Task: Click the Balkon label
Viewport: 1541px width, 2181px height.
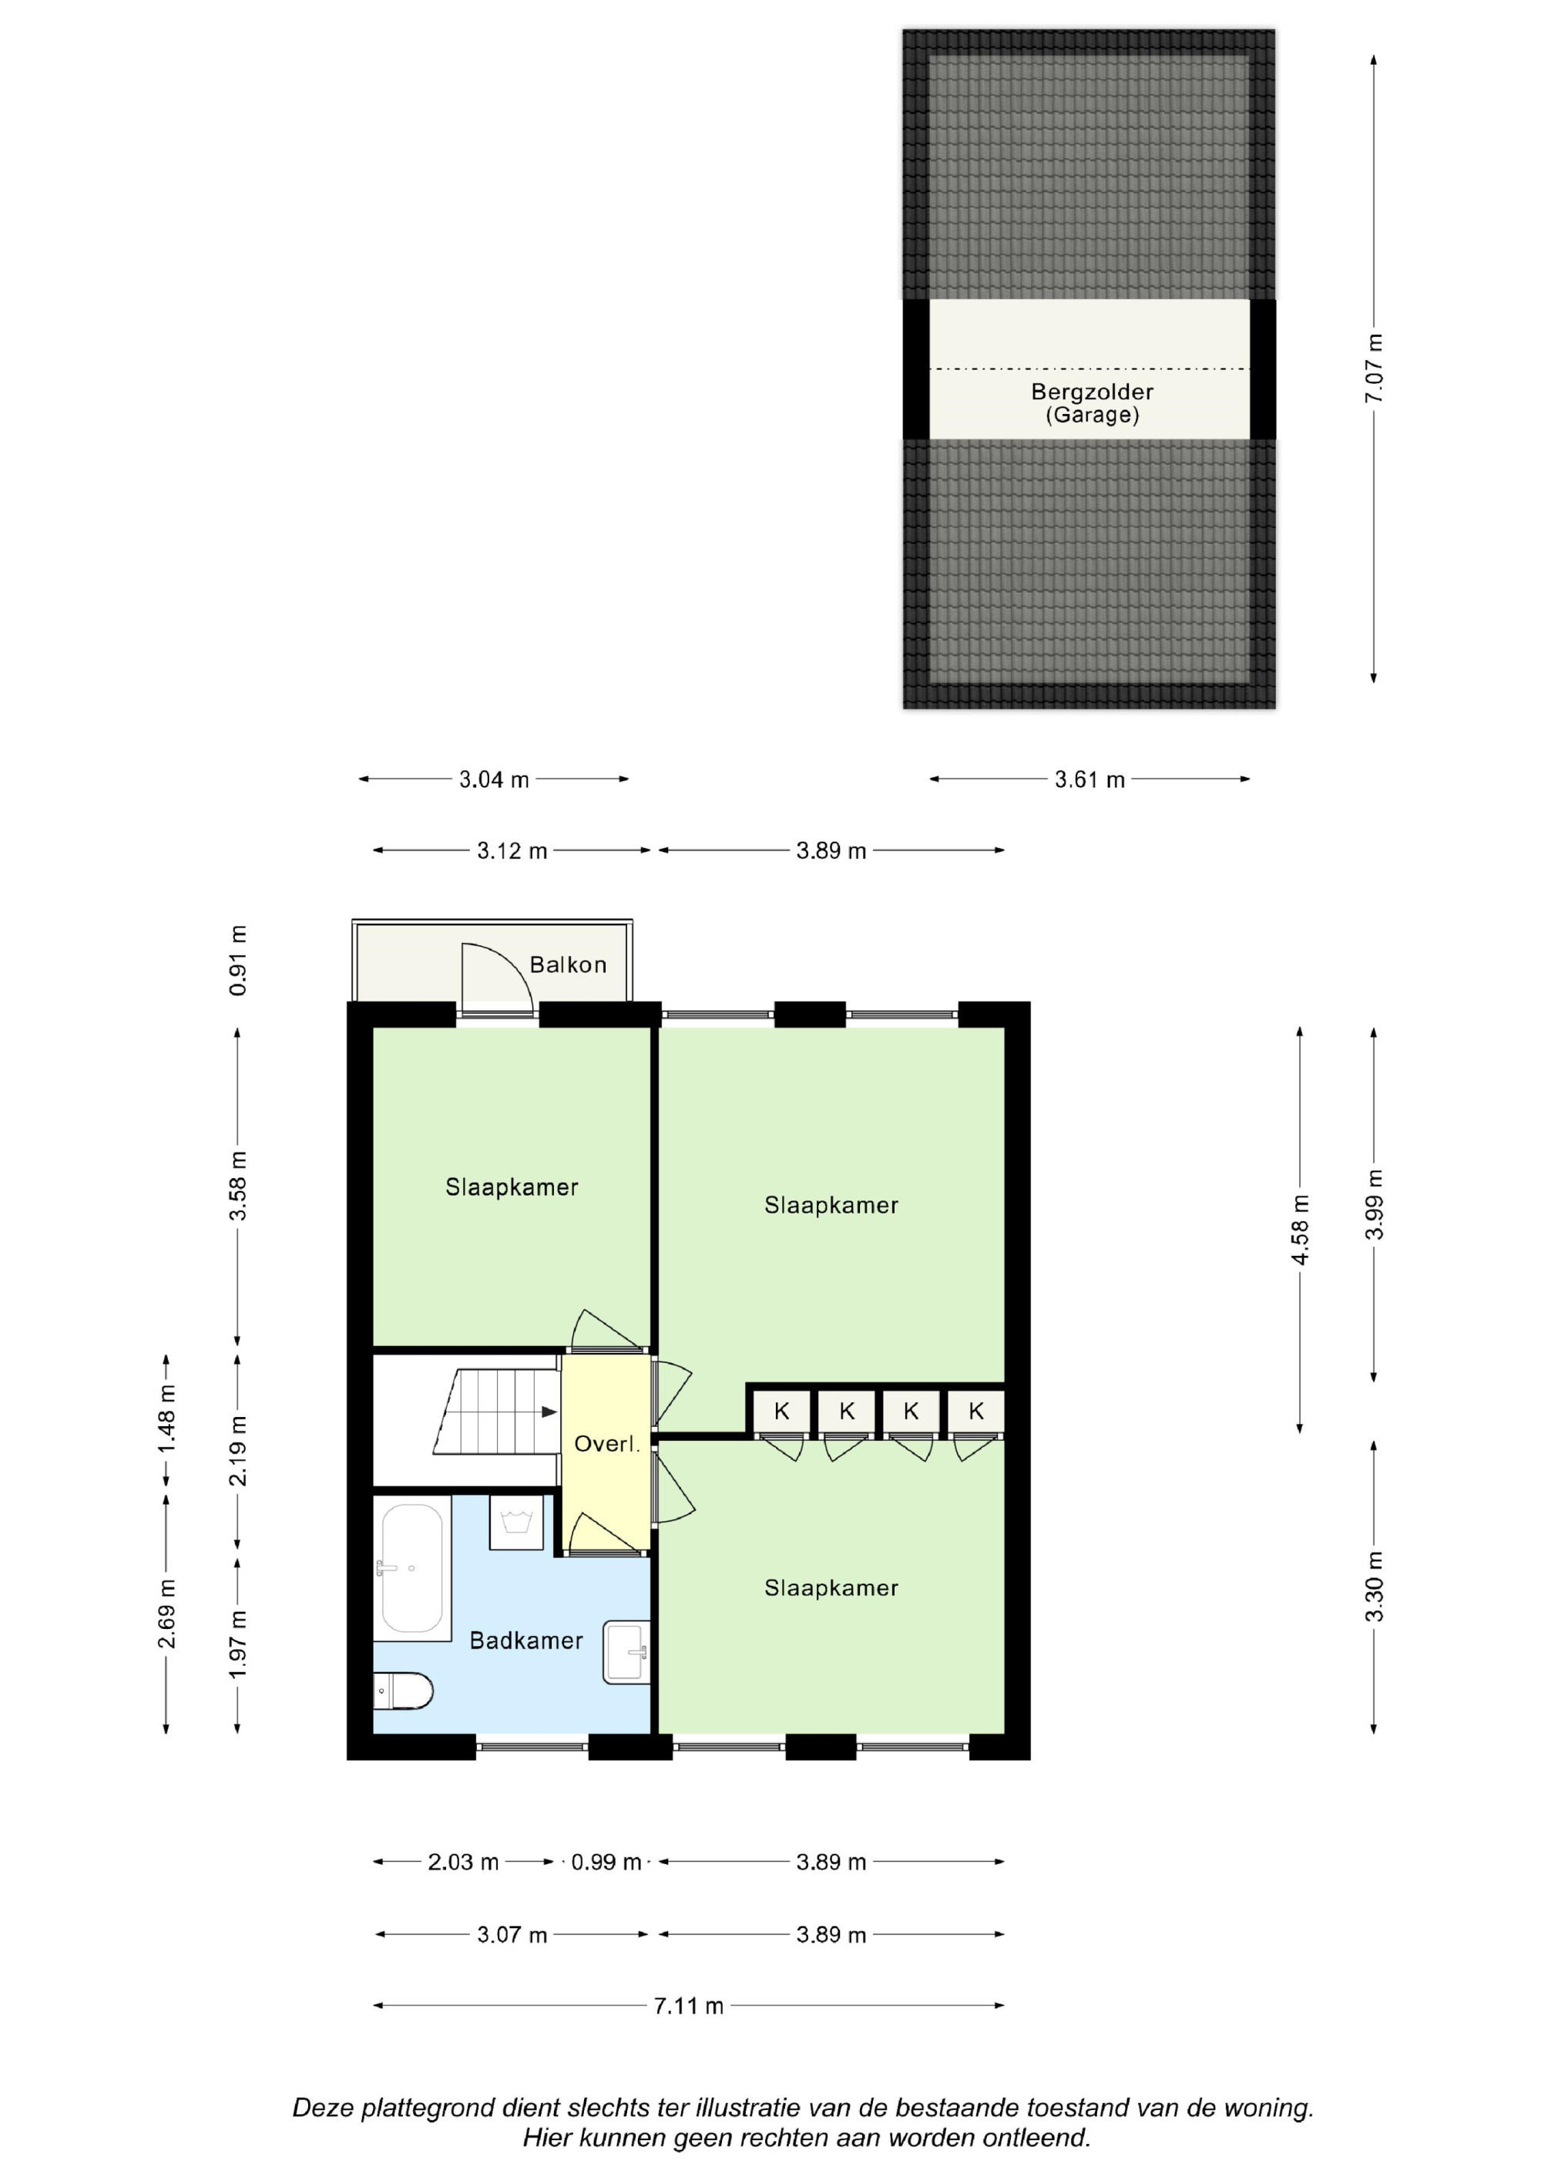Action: pyautogui.click(x=568, y=965)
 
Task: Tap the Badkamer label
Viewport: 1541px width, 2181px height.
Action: pyautogui.click(x=526, y=1641)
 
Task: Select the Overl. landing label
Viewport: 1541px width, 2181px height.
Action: pyautogui.click(x=606, y=1444)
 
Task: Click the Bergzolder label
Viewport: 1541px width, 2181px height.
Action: pyautogui.click(x=1092, y=392)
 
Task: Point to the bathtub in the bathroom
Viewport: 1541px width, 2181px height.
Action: pyautogui.click(x=412, y=1567)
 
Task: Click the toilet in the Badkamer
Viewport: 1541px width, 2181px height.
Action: pyautogui.click(x=402, y=1691)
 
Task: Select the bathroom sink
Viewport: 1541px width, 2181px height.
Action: pyautogui.click(x=626, y=1653)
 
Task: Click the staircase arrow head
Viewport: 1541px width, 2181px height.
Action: pyautogui.click(x=549, y=1412)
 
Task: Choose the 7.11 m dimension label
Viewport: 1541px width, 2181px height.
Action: pyautogui.click(x=688, y=2005)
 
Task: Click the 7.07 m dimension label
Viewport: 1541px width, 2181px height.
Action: pyautogui.click(x=1374, y=369)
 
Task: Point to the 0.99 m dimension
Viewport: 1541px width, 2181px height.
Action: pyautogui.click(x=606, y=1862)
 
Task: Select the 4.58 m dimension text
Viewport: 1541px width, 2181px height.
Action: pyautogui.click(x=1300, y=1230)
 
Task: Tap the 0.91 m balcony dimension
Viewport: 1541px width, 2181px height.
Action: pyautogui.click(x=237, y=961)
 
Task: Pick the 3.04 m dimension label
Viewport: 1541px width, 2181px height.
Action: pyautogui.click(x=494, y=780)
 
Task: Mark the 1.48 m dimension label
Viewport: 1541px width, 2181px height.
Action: pyautogui.click(x=166, y=1419)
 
